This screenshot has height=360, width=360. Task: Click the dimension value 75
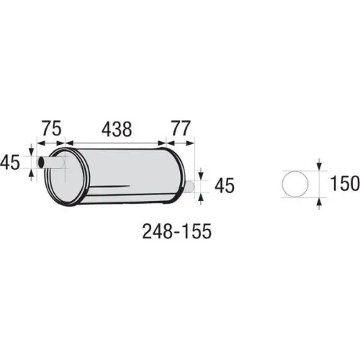[50, 129]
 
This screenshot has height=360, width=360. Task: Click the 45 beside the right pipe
[224, 186]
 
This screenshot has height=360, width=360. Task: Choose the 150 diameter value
[345, 184]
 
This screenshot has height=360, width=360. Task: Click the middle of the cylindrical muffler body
[122, 176]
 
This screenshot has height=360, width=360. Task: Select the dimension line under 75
[50, 142]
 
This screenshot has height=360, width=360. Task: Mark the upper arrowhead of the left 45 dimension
[31, 152]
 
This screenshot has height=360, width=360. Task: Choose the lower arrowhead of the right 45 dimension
[201, 197]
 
